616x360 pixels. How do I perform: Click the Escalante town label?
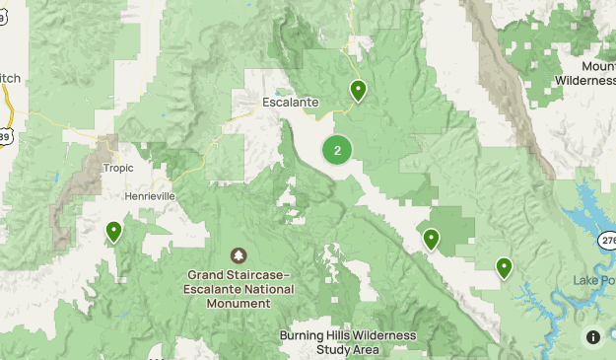291,102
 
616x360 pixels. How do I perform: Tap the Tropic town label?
118,168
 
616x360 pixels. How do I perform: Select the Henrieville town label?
150,196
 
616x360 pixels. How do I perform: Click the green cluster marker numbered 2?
337,151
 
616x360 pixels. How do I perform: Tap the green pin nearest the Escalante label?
359,92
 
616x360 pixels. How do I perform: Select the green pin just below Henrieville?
114,232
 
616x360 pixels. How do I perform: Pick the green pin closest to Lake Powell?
505,267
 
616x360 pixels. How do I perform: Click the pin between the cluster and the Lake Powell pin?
431,240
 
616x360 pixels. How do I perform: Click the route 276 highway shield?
605,240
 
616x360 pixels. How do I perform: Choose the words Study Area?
348,349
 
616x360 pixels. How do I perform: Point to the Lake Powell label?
594,280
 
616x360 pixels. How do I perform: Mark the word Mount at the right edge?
597,66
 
